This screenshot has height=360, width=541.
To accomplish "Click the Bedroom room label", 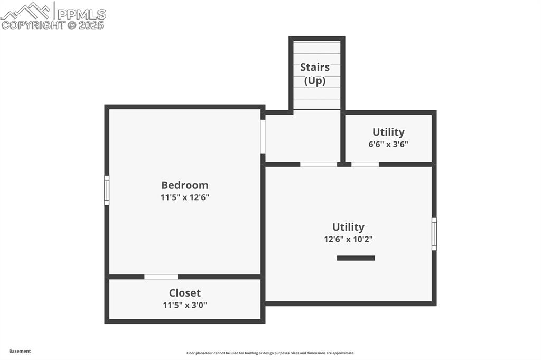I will click(x=184, y=185).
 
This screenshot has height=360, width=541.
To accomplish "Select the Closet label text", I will click(x=184, y=293).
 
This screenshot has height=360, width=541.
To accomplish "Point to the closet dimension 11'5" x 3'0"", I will click(x=184, y=305).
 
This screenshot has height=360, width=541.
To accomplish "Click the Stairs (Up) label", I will click(x=315, y=74).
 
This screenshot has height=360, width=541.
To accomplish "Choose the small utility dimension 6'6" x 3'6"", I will click(x=388, y=144).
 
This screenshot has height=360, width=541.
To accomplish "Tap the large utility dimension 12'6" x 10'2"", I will click(x=348, y=239).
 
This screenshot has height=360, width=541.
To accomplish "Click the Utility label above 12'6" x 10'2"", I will click(x=348, y=227).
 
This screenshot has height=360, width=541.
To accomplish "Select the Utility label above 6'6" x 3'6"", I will click(x=388, y=132).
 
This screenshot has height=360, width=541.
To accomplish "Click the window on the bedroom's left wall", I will click(x=107, y=191).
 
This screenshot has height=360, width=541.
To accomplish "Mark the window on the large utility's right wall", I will click(x=434, y=234).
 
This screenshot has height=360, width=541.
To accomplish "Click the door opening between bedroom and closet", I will click(x=161, y=277).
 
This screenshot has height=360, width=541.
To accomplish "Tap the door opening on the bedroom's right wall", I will click(x=263, y=137).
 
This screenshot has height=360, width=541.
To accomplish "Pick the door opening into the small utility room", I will click(x=365, y=164).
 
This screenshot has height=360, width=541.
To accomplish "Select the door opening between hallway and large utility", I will click(x=319, y=164).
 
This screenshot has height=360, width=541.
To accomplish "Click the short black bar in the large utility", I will click(x=356, y=258).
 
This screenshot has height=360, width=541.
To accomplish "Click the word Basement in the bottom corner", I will click(x=20, y=351).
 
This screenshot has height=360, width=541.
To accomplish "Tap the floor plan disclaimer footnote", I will click(x=270, y=353).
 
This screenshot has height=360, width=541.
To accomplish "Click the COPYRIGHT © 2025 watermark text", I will click(x=53, y=25).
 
